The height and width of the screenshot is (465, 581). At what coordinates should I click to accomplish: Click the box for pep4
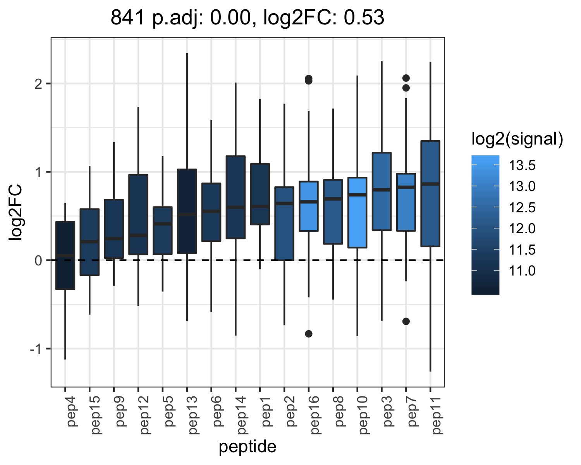(65, 255)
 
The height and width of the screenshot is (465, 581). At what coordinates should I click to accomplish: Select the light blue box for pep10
(357, 212)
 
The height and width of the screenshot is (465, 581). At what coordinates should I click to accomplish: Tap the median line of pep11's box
(430, 184)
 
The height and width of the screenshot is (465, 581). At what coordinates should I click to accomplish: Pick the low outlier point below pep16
(309, 334)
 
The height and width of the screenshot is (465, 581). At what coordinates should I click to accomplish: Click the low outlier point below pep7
(406, 321)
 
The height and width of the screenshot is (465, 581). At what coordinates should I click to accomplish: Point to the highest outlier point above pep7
(406, 78)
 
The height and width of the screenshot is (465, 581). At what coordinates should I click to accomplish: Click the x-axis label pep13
(193, 415)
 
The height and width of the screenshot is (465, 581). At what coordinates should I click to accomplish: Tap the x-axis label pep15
(95, 415)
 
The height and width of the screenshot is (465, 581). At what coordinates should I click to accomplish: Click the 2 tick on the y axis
(38, 84)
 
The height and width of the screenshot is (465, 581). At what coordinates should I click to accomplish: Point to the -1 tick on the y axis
(36, 349)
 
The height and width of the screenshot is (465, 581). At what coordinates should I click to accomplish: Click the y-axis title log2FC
(15, 212)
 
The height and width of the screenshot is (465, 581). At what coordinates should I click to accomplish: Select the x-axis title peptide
(248, 447)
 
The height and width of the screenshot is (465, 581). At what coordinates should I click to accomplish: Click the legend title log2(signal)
(517, 139)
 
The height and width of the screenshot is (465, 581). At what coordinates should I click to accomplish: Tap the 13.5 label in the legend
(522, 165)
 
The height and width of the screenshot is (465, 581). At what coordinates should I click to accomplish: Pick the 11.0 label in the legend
(522, 270)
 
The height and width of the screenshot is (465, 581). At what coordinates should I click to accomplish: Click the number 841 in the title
(127, 17)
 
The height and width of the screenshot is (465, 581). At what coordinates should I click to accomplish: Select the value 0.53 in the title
(364, 17)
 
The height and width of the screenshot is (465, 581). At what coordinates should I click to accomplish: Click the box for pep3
(382, 191)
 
